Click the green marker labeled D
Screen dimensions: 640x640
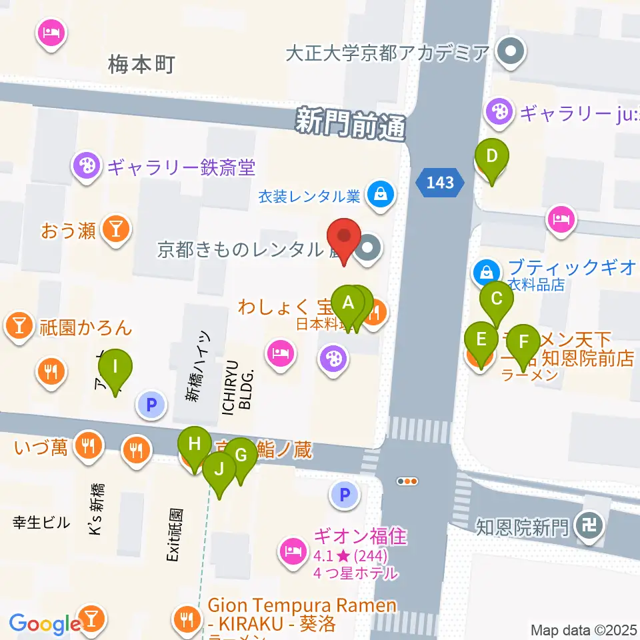(x=491, y=157)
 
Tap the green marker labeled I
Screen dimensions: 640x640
(x=115, y=367)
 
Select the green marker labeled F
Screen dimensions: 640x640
(x=523, y=343)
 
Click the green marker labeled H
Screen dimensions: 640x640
(x=194, y=445)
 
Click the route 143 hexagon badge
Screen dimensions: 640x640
(x=441, y=182)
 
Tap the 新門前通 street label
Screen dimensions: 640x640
(x=351, y=124)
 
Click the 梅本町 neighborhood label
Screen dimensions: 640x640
(x=141, y=65)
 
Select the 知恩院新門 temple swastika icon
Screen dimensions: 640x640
(x=591, y=526)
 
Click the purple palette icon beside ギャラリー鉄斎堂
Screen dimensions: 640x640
(x=86, y=167)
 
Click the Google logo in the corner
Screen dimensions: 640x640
(x=45, y=624)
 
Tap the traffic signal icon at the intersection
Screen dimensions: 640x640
(x=407, y=481)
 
